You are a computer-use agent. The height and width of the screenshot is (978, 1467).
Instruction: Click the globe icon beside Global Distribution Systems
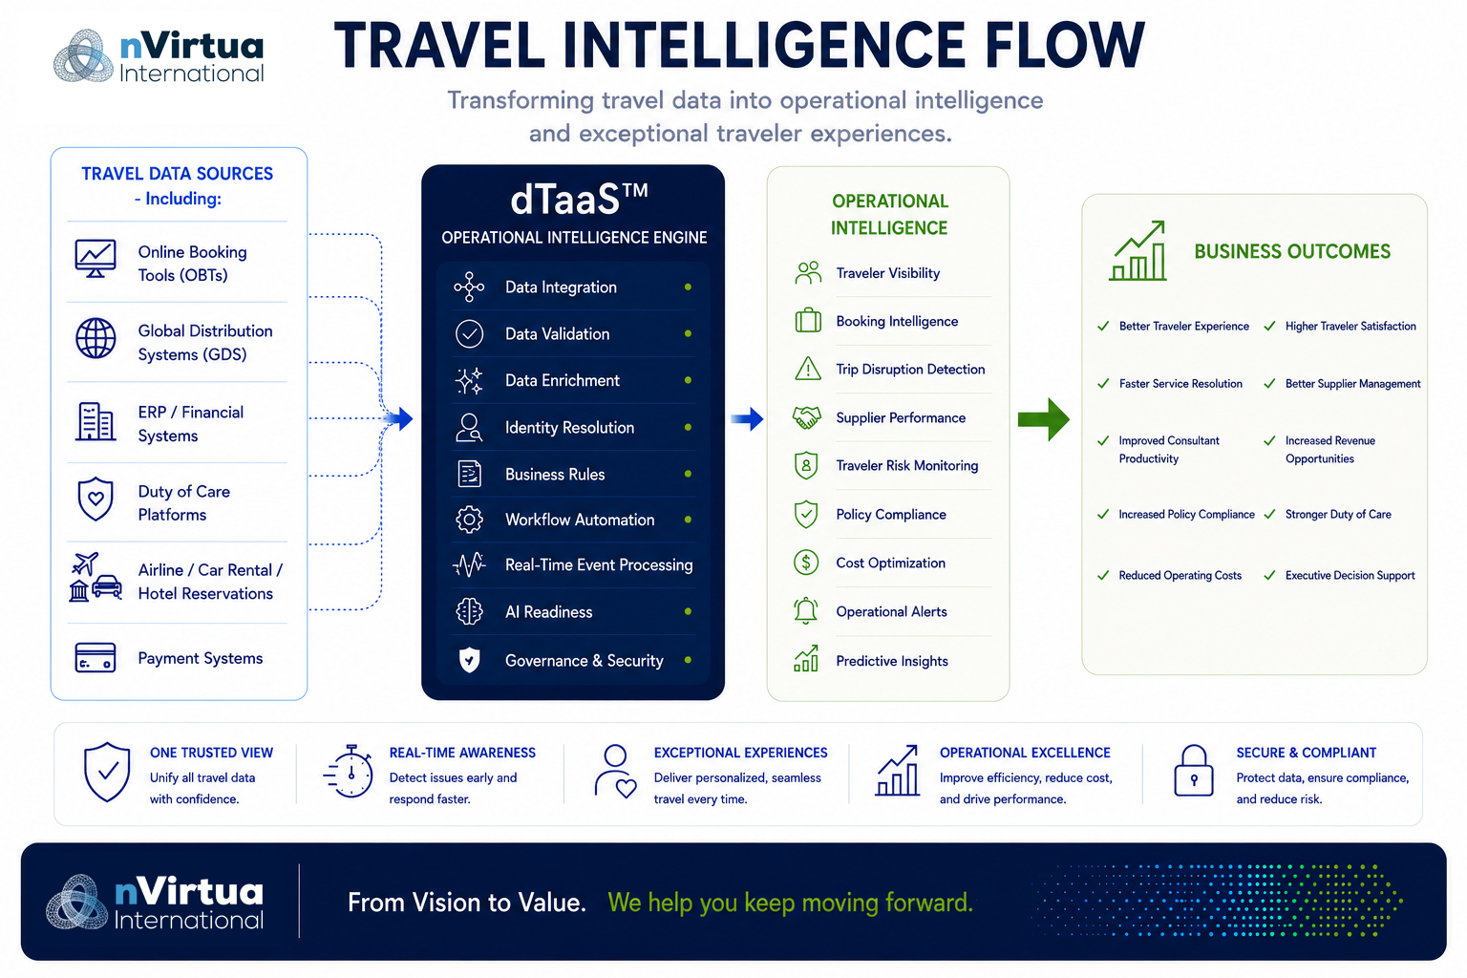96,339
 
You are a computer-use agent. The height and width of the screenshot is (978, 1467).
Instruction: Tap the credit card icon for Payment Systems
96,658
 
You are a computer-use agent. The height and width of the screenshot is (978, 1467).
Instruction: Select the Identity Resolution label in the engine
569,428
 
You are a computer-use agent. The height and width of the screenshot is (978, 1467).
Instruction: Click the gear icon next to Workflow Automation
469,520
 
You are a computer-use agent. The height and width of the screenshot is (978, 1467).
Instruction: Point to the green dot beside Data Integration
688,287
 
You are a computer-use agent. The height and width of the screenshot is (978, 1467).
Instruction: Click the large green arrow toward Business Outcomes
1044,419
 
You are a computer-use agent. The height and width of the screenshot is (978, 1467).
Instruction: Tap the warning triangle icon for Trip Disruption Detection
807,369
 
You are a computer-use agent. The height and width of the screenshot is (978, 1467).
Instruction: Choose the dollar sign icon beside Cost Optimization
806,562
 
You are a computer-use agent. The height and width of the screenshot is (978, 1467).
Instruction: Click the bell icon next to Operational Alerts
805,610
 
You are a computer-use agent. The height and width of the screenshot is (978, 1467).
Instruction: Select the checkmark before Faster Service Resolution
1103,383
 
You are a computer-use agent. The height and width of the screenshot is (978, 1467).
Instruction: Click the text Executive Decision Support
1350,575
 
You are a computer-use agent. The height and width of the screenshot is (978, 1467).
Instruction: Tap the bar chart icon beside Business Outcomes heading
1138,251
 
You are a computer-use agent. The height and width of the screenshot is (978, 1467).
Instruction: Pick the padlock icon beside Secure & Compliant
1193,771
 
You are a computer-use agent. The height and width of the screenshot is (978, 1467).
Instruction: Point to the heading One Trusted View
211,753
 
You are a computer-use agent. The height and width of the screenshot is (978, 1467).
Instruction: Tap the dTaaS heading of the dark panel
579,200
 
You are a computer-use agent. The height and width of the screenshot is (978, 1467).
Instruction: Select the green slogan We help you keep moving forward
791,903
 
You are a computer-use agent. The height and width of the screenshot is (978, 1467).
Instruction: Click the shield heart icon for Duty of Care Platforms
96,500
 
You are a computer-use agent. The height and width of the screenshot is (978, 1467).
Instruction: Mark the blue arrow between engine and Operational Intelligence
747,418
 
